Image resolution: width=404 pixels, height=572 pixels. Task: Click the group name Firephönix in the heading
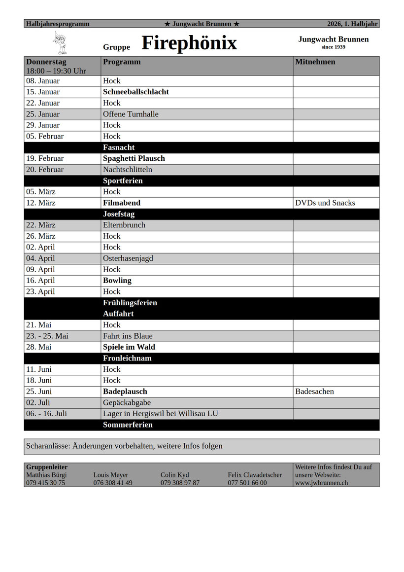(189, 43)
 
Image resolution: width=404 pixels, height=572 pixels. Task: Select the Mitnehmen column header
(315, 62)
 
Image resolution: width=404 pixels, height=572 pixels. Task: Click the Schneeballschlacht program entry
(136, 92)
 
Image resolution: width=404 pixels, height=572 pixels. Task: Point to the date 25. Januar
(43, 114)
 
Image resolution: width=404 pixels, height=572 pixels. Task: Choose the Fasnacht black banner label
(119, 147)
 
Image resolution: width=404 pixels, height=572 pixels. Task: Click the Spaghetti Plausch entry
(134, 158)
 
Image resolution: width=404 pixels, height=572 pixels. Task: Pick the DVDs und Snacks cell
(325, 203)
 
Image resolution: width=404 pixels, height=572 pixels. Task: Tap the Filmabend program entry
(122, 203)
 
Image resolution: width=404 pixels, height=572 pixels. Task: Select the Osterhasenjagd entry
(128, 258)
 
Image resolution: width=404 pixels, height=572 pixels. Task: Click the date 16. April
(40, 281)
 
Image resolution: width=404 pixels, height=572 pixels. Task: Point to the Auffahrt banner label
(118, 314)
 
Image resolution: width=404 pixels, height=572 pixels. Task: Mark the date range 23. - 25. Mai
(47, 336)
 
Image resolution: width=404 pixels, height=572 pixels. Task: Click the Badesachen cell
(315, 392)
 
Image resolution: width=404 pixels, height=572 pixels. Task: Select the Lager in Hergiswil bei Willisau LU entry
(161, 414)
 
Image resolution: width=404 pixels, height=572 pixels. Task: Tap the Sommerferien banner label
(128, 425)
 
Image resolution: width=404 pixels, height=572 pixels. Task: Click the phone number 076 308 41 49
(113, 483)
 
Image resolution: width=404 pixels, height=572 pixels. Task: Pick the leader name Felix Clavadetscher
(255, 475)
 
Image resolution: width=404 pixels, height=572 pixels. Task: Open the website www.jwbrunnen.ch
(321, 483)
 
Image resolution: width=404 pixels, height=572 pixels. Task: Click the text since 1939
(333, 47)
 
